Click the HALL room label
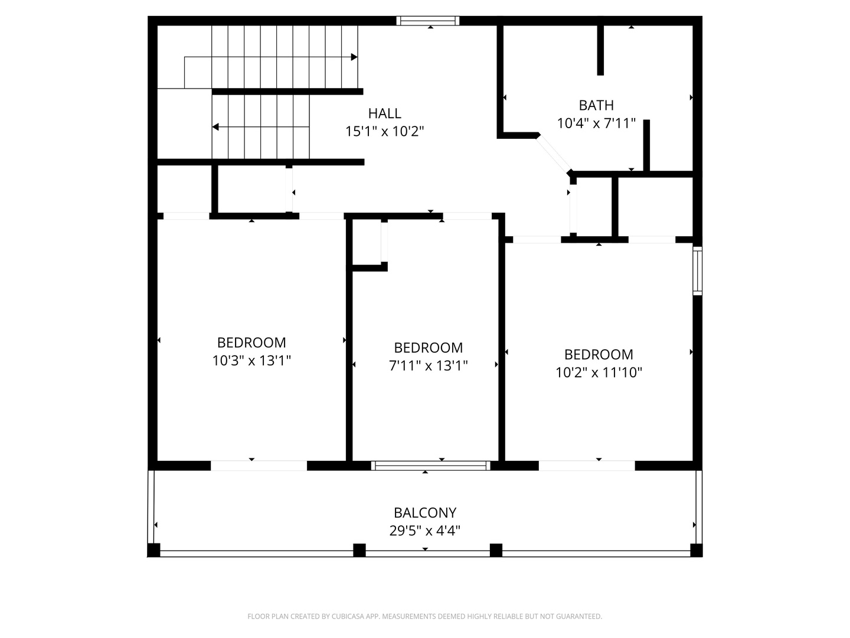(384, 113)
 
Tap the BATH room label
(596, 105)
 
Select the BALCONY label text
(425, 513)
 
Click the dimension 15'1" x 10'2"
(384, 132)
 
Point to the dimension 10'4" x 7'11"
(596, 123)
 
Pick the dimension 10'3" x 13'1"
(251, 361)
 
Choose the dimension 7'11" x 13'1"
(428, 366)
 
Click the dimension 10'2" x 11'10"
(599, 373)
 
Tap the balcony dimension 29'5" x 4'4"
(425, 530)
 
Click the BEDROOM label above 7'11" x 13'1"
(428, 348)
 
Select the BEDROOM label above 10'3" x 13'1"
(251, 343)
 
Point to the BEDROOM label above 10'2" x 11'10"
(599, 354)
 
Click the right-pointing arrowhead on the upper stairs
(354, 57)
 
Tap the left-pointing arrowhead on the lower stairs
(215, 126)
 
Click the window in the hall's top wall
(427, 21)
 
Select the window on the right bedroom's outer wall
(697, 271)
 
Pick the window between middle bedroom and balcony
(430, 466)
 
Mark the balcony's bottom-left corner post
(153, 551)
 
